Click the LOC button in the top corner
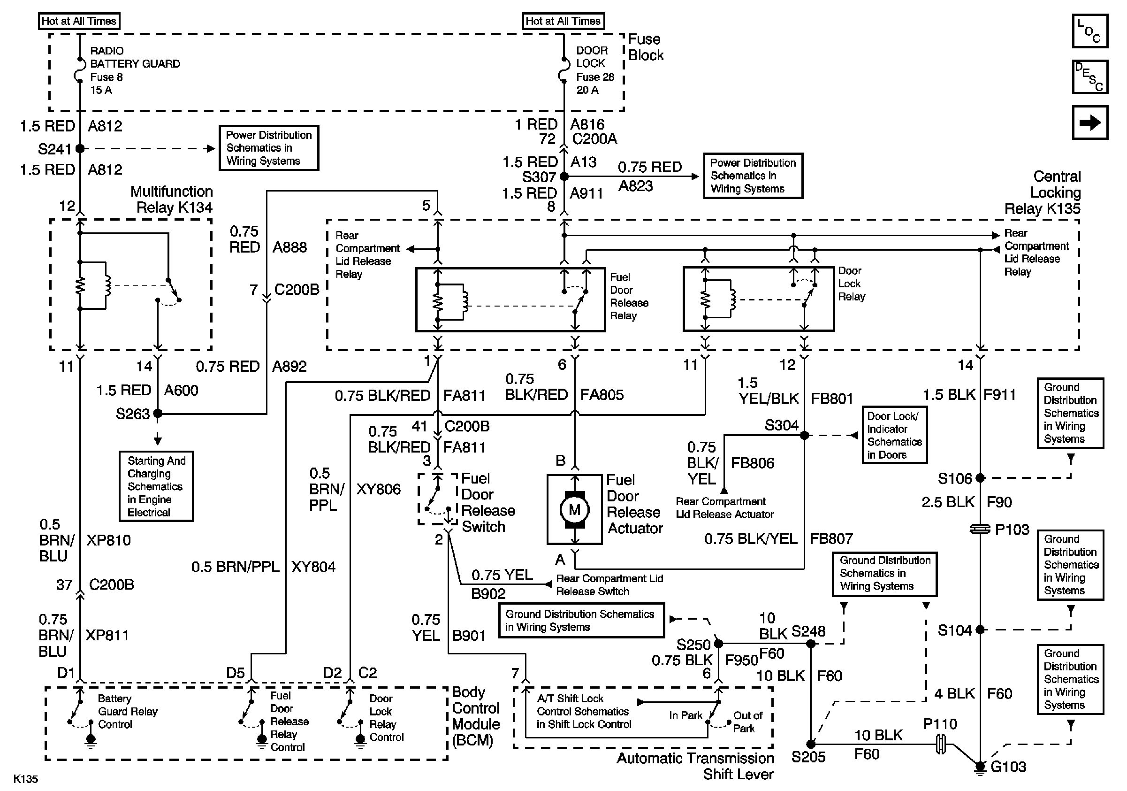1089,31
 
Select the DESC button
1089,77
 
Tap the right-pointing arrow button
1089,122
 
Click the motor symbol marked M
574,510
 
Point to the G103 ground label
1008,767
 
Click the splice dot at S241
80,148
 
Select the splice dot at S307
564,176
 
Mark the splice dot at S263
158,414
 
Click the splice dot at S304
804,435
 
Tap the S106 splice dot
980,478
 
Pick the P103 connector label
1012,530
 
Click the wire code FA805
602,395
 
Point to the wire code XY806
378,489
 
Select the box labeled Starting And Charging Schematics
157,486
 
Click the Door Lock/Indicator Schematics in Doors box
895,435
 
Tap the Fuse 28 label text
595,77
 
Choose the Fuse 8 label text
107,77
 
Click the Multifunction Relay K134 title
172,200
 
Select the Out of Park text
747,722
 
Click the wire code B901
469,636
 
